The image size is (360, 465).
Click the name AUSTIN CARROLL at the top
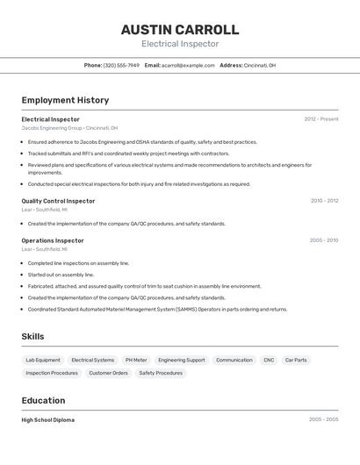coord(179,29)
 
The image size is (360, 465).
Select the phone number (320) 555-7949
coord(121,65)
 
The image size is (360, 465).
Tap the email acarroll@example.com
coord(188,65)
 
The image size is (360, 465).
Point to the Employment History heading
coord(65,100)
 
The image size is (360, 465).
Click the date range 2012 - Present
coord(320,118)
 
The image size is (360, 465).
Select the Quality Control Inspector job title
coord(58,201)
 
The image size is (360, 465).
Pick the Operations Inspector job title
coord(53,240)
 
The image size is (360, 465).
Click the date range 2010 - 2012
coord(324,201)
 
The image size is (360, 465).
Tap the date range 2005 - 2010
coord(323,240)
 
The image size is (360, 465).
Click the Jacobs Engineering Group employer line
coord(69,128)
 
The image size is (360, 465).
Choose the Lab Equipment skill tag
coord(43,360)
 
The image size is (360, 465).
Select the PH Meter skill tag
coord(136,360)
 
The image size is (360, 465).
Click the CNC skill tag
coord(269,360)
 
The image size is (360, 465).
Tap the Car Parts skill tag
coord(296,360)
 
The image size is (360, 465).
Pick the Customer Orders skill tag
coord(108,373)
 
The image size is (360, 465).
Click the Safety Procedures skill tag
coord(161,373)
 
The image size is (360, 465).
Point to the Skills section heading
coord(32,337)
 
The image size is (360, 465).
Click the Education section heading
coord(44,401)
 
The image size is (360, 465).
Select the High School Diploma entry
coord(47,420)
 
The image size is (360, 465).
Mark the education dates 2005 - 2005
coord(323,420)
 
